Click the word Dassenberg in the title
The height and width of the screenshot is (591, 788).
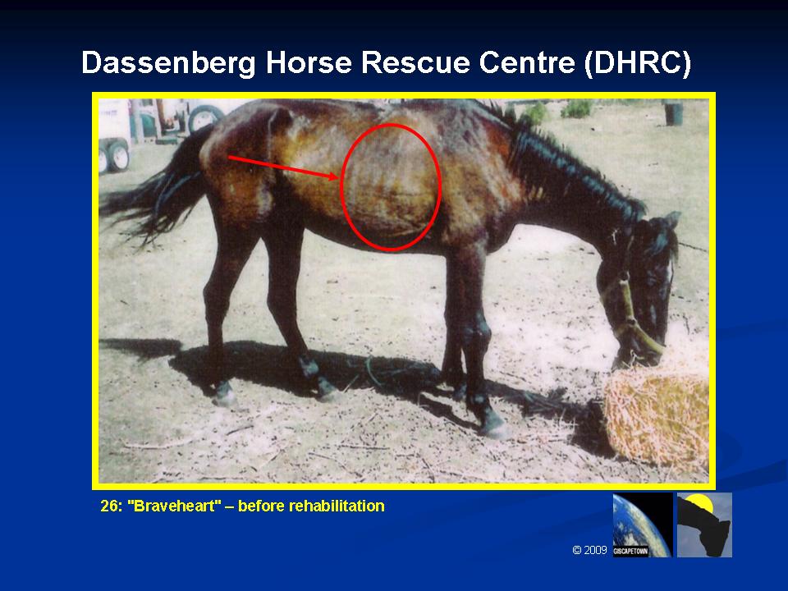pos(168,63)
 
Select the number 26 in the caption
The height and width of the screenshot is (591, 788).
pos(110,506)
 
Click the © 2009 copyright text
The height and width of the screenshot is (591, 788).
pos(589,550)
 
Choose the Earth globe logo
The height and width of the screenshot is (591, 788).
pos(642,525)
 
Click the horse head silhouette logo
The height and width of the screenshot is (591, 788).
pos(704,525)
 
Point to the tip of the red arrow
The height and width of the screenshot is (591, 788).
pos(337,177)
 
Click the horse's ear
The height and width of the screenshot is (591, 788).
pos(672,219)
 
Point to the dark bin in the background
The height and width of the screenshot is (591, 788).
pos(673,113)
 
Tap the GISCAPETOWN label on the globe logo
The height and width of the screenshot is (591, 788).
pos(630,552)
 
